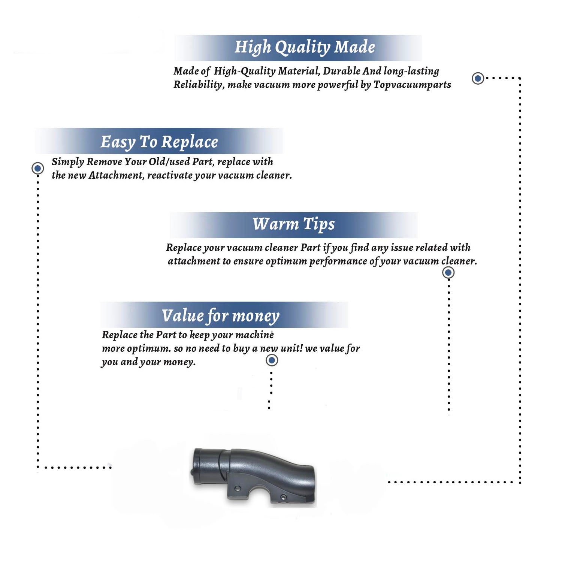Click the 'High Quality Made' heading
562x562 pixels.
[305, 48]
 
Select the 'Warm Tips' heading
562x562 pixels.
[293, 224]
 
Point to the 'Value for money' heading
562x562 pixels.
[221, 316]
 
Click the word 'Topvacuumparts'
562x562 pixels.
[412, 85]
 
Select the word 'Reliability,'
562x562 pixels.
[199, 85]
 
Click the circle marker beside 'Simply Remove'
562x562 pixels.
[37, 168]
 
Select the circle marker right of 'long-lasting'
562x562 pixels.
[478, 78]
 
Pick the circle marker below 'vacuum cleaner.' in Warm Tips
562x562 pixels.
[448, 272]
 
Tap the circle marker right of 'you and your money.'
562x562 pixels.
[272, 360]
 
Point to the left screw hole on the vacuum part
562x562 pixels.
[237, 489]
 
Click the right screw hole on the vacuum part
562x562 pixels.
[283, 498]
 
